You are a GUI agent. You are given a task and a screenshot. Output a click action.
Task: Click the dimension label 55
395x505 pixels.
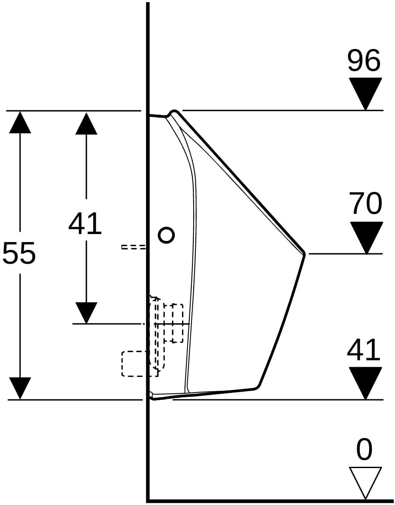tap(19, 253)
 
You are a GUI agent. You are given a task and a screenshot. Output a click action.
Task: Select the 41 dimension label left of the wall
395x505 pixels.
tap(85, 223)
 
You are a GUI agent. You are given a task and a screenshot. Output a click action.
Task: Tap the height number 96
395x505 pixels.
tap(364, 60)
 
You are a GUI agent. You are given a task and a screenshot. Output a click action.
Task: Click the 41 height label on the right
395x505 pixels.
tap(364, 349)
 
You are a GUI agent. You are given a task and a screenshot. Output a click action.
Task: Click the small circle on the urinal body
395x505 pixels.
tap(166, 235)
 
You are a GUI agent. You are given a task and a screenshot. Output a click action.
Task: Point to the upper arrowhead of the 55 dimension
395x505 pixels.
tap(20, 122)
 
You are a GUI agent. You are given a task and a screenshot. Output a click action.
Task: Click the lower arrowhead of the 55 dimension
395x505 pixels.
tap(20, 388)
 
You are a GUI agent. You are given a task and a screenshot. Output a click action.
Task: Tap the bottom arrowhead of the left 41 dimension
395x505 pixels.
tap(86, 313)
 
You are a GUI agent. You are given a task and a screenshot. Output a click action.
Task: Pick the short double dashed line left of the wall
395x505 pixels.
tap(133, 247)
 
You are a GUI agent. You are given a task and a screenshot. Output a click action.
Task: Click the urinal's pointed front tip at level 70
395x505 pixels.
tap(304, 254)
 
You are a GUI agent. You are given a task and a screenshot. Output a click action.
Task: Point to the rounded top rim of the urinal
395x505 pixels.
tap(174, 112)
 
